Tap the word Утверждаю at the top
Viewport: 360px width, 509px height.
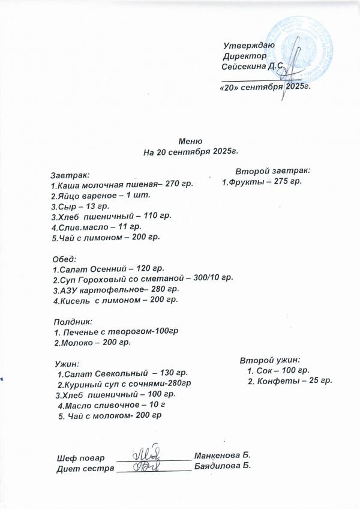pos(248,46)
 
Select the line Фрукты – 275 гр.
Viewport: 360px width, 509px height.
pos(262,181)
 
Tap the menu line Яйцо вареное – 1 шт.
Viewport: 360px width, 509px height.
pos(100,196)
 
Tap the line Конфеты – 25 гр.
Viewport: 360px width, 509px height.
pos(290,381)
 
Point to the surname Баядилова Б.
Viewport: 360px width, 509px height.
pos(222,465)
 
